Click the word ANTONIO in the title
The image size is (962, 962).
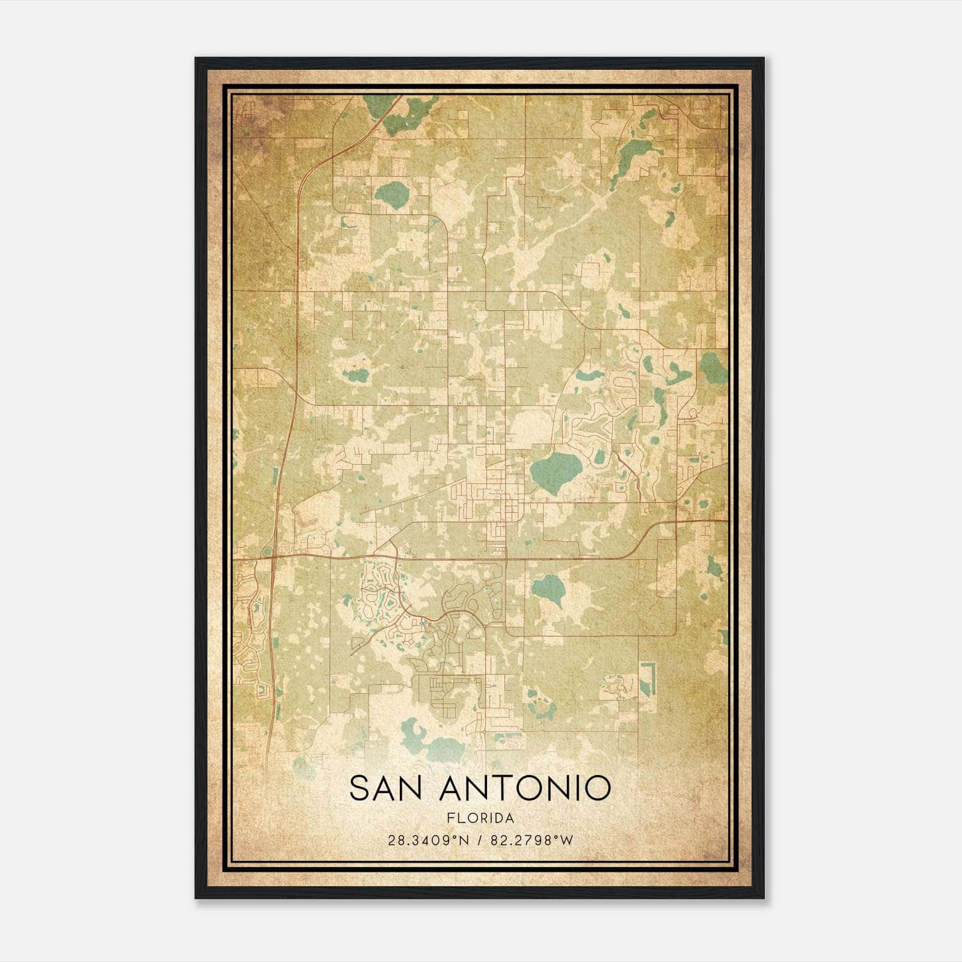point(525,788)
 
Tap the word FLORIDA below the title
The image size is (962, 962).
point(480,818)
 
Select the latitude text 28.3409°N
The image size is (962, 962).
point(427,840)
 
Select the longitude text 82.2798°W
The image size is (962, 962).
point(532,840)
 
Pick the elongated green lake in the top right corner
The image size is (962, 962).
point(633,153)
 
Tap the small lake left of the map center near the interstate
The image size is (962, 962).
point(356,376)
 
